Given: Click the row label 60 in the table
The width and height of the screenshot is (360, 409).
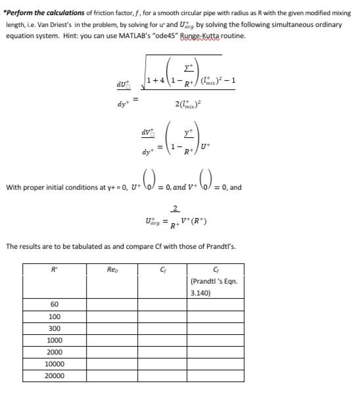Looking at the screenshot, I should click(x=55, y=305).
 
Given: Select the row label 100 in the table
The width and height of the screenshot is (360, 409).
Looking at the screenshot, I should click(x=55, y=316).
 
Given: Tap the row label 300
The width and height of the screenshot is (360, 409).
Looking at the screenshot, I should click(x=55, y=328).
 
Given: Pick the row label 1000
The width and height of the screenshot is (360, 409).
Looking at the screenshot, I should click(x=55, y=340).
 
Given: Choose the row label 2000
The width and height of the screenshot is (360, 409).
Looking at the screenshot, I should click(x=55, y=352).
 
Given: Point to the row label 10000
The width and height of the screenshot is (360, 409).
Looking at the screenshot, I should click(x=55, y=364).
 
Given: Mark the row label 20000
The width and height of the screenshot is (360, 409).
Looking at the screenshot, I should click(x=55, y=376).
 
